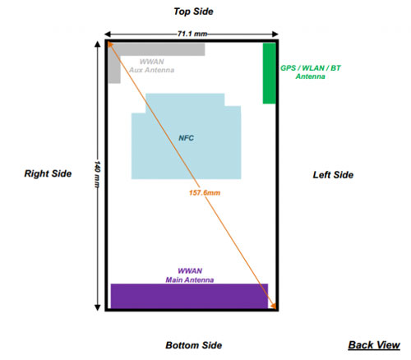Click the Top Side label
193,12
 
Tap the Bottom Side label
194,345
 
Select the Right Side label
48,173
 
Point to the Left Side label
333,175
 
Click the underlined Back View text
374,345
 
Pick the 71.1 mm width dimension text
192,34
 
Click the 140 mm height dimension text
97,174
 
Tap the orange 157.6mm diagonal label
205,193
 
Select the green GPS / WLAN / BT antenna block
270,73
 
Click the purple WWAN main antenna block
189,296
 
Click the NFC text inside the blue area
187,138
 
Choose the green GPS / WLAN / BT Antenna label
311,72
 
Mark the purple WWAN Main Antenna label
190,275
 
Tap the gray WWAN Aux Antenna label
152,66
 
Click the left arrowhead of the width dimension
108,35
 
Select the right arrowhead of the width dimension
275,35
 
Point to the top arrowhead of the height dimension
97,44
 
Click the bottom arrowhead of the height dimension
97,307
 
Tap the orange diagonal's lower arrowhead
274,306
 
